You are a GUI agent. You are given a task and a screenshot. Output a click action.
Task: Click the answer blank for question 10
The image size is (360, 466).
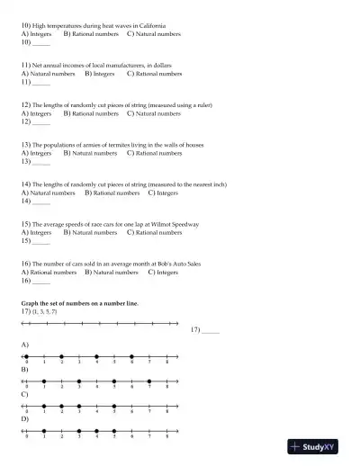(x=40, y=42)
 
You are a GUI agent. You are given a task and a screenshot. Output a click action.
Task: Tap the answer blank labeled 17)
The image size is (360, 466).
(x=210, y=332)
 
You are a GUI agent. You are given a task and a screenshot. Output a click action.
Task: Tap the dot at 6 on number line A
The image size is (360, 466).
(x=131, y=356)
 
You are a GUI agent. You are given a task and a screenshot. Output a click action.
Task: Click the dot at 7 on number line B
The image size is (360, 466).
(x=149, y=381)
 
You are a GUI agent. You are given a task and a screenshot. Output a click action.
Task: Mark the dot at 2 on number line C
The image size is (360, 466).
(x=61, y=406)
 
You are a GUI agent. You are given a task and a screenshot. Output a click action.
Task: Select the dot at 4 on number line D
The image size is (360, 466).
(x=96, y=431)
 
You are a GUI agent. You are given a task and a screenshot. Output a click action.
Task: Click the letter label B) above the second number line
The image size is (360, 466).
(x=24, y=370)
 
